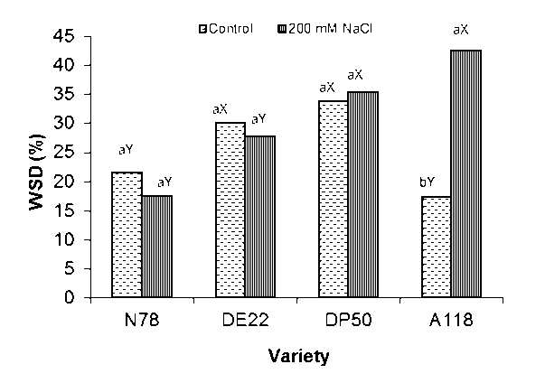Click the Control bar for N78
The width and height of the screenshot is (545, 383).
pyautogui.click(x=127, y=235)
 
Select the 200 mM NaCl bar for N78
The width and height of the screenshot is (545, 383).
pyautogui.click(x=155, y=247)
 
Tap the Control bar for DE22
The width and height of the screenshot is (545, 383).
pyautogui.click(x=230, y=210)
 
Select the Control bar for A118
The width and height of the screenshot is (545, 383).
pyautogui.click(x=437, y=247)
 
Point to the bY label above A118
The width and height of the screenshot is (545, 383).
pyautogui.click(x=427, y=182)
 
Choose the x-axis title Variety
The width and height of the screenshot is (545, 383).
pyautogui.click(x=298, y=355)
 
